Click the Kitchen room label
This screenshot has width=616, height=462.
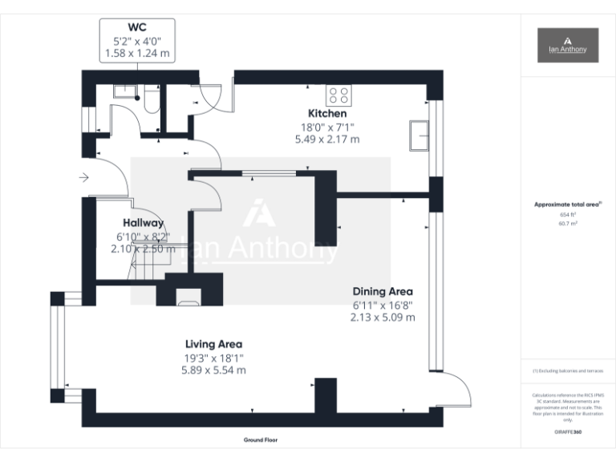click(327, 114)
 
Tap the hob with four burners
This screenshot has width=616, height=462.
click(338, 95)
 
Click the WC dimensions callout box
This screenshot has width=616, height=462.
click(137, 41)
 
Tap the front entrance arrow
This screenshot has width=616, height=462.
click(83, 177)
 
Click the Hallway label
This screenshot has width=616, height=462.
click(144, 223)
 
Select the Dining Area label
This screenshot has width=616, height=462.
click(383, 291)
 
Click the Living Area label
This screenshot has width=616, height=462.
click(213, 345)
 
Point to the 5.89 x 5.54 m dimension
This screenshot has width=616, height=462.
click(213, 371)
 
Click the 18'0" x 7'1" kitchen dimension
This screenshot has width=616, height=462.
click(327, 127)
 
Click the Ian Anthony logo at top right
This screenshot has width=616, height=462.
click(568, 45)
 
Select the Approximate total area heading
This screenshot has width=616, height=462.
click(567, 205)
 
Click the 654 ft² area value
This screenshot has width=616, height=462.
click(567, 215)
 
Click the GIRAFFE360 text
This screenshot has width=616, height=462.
click(567, 432)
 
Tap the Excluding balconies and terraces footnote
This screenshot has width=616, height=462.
click(567, 371)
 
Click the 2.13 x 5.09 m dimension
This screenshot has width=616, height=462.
click(383, 317)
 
